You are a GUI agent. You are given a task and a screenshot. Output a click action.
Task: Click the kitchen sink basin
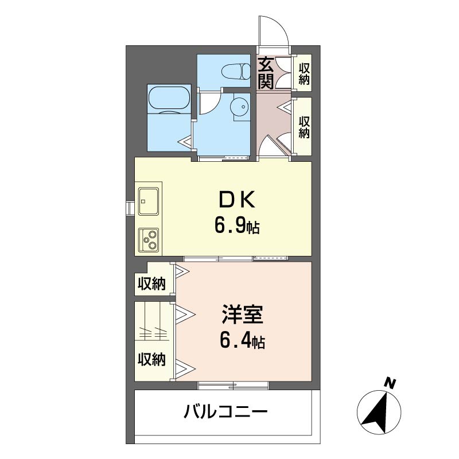point(149,202)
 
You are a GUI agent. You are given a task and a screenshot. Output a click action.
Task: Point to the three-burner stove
point(149,239)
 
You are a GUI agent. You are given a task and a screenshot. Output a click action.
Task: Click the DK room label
point(237,200)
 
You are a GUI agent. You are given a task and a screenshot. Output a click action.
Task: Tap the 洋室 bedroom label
point(242,314)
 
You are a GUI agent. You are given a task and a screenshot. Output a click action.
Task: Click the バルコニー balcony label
point(225,412)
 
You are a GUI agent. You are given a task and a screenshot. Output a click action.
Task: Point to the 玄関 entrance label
point(266,73)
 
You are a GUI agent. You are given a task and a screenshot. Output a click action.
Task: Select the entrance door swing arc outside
point(279,25)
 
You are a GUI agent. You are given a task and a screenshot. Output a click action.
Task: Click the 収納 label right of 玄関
point(304,73)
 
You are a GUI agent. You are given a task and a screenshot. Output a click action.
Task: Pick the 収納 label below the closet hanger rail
point(151,359)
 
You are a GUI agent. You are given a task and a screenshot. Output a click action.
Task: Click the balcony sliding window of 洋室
point(234,386)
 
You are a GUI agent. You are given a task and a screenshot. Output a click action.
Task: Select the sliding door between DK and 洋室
point(236,259)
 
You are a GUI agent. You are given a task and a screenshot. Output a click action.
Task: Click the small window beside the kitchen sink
point(130,208)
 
